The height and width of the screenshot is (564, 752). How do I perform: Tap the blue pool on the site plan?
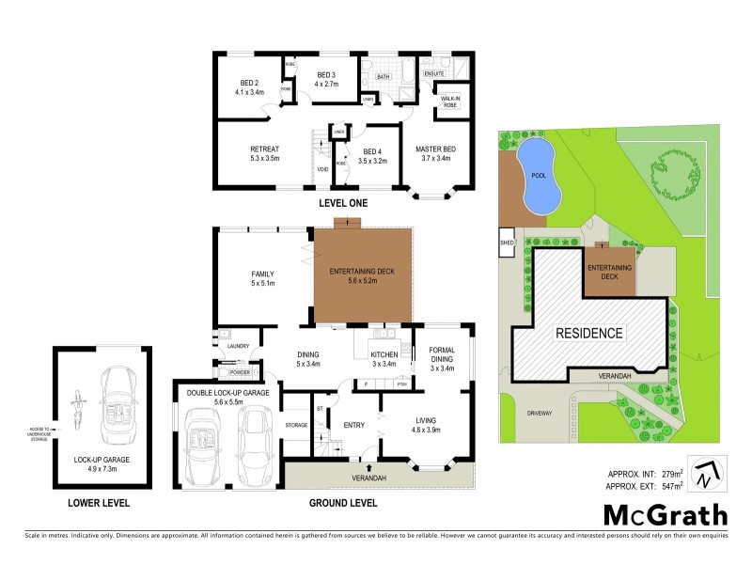pyautogui.click(x=539, y=178)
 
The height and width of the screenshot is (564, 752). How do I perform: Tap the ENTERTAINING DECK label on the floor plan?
pyautogui.click(x=362, y=273)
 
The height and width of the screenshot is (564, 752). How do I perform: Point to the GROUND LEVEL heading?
pyautogui.click(x=343, y=503)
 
